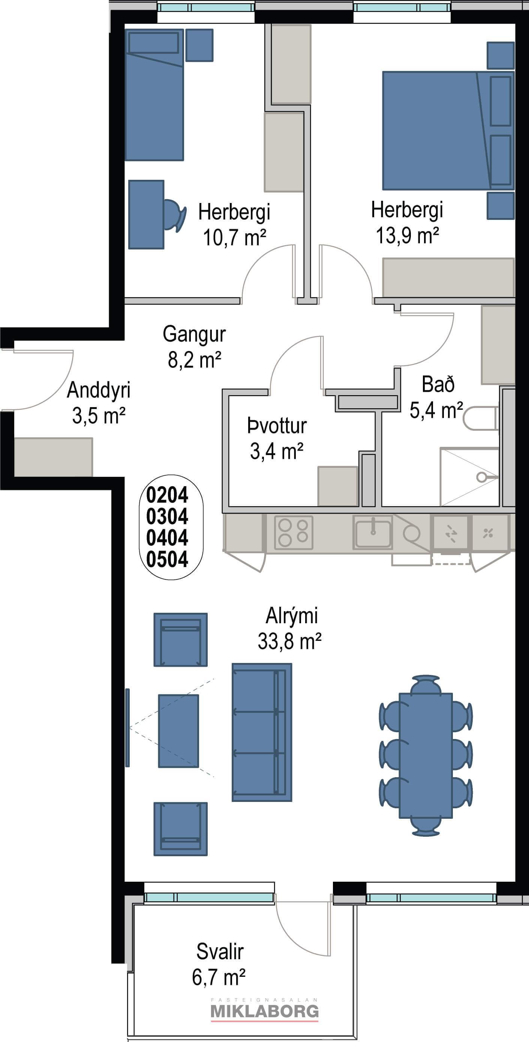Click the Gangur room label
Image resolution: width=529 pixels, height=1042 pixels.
point(194,334)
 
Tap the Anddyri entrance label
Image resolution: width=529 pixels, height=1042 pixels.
point(99,390)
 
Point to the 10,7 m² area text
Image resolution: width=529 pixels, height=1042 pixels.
point(234,237)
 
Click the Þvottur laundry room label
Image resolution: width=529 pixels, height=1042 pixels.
point(277,426)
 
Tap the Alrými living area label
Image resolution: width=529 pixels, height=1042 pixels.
point(291,616)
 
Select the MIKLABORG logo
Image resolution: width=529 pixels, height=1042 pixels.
point(265,1012)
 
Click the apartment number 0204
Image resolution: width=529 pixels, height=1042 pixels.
point(167,495)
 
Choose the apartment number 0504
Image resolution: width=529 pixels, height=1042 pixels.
point(167,560)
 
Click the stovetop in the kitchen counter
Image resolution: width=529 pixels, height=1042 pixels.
point(294,532)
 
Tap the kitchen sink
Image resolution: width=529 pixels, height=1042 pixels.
point(372,532)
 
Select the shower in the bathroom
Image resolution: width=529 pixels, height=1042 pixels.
point(469,477)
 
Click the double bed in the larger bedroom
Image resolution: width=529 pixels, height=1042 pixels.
point(448,131)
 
